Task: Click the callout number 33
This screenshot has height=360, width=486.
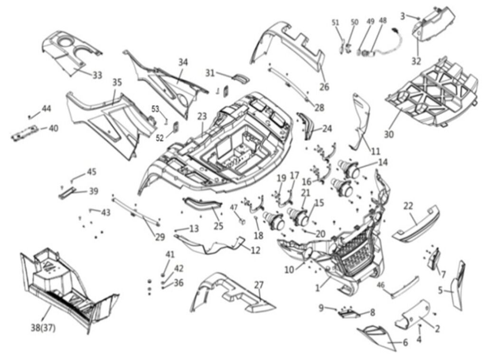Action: tap(97, 75)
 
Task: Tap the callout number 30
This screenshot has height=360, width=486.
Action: tap(389, 134)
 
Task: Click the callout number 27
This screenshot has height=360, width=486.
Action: tap(259, 285)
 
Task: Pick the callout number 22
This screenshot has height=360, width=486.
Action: tap(408, 206)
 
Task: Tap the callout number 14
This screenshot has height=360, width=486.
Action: tap(383, 162)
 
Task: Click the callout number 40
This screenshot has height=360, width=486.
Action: tap(54, 128)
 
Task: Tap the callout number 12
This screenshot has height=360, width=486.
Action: tap(255, 249)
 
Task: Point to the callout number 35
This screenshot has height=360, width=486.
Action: tap(117, 82)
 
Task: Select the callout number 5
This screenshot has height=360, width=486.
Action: tap(441, 290)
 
